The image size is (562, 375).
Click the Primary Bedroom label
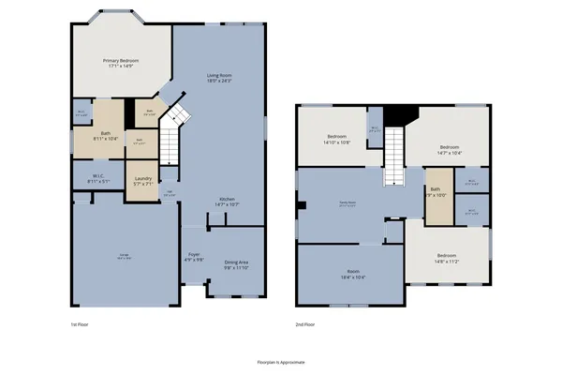[x=122, y=64]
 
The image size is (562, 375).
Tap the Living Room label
[x=220, y=77]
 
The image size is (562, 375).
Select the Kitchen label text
[x=227, y=202]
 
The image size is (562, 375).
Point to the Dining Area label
[x=236, y=264]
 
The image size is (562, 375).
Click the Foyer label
[x=194, y=257]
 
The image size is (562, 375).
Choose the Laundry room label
[x=143, y=181]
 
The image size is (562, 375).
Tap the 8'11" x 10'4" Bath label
[x=107, y=136]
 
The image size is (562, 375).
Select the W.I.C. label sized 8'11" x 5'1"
[x=99, y=178]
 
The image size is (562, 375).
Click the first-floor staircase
[x=170, y=143]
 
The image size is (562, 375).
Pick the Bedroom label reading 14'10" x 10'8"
[x=338, y=140]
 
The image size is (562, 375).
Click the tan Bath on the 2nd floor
[x=436, y=193]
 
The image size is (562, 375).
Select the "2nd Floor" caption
[x=304, y=323]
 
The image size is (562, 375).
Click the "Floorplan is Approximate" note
[x=281, y=361]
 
